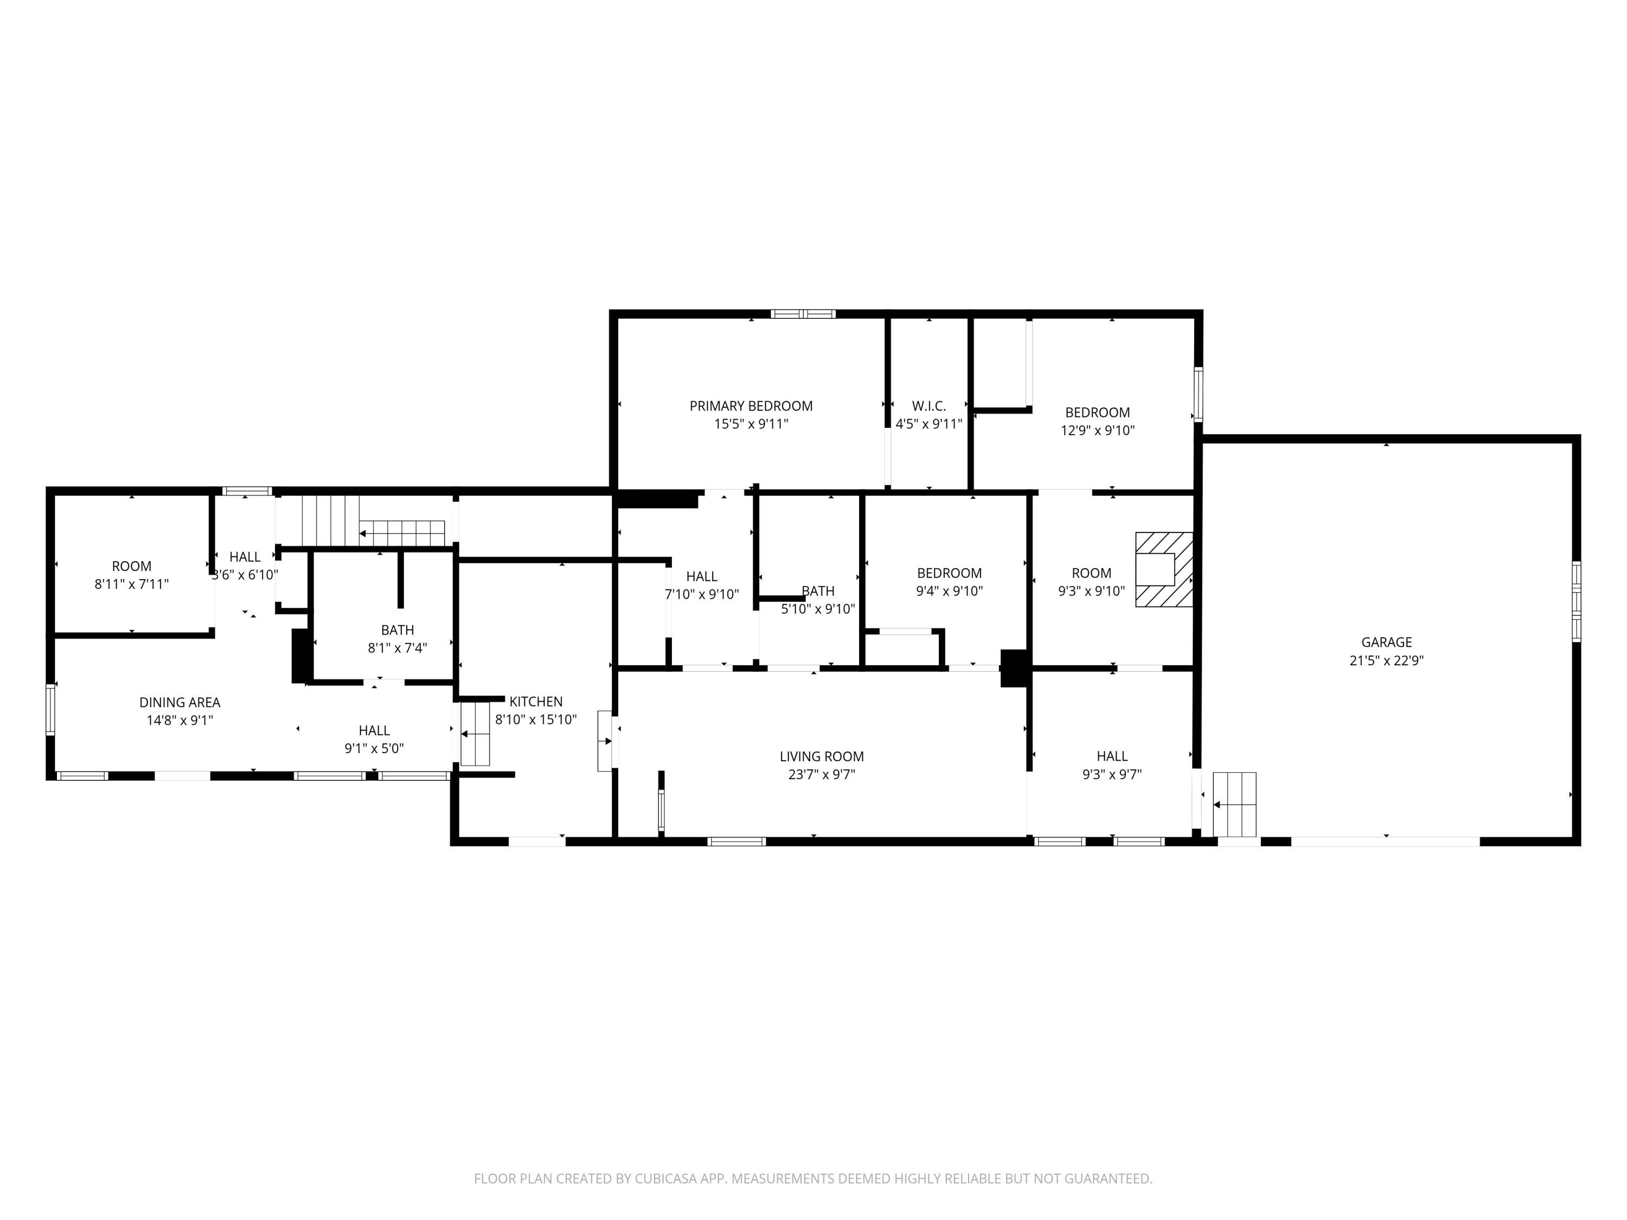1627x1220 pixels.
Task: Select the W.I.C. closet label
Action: coord(928,406)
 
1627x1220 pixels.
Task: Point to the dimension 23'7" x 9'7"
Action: coord(821,774)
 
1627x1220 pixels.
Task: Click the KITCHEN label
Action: coord(535,702)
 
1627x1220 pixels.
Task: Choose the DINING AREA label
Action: coord(180,702)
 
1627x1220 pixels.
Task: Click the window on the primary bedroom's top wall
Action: coord(803,314)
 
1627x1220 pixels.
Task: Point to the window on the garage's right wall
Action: coord(1576,601)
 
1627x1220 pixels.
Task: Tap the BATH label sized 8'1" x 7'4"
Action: coord(397,630)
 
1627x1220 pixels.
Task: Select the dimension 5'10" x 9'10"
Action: coord(817,609)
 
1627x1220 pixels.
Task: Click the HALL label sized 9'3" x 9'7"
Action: coord(1111,756)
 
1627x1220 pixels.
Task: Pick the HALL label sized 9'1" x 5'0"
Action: coord(374,730)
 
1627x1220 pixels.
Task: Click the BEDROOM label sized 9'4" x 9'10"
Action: coord(949,573)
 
